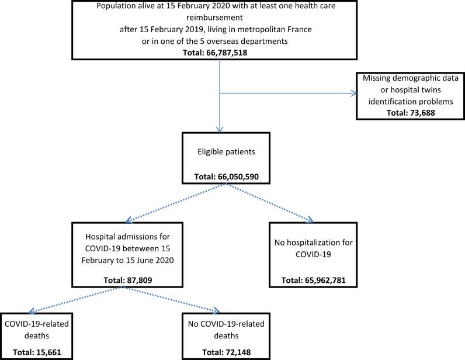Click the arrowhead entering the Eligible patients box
tap(220, 130)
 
